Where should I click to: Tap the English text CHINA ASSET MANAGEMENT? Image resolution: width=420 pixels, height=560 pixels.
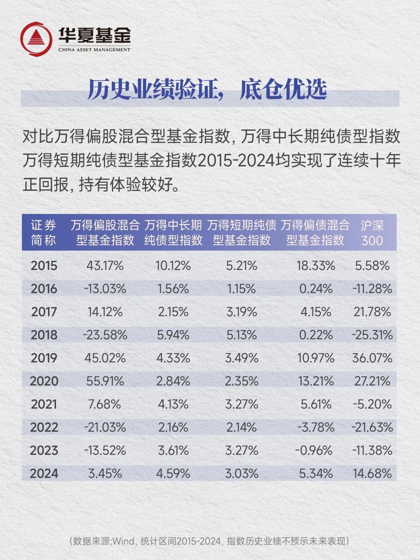point(94,50)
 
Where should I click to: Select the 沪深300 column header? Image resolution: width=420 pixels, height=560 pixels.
point(372,233)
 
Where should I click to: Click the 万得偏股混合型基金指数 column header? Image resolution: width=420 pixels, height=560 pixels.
point(105,233)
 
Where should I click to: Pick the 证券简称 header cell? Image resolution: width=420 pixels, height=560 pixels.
point(44,233)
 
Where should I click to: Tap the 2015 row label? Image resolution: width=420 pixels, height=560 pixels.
point(44,266)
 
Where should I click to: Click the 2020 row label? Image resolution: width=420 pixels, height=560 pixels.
point(44,381)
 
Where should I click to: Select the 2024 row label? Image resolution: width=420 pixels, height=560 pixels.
point(44,473)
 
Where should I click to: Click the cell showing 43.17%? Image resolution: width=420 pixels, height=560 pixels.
point(105,266)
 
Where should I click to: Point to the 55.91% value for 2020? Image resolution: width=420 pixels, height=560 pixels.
point(105,381)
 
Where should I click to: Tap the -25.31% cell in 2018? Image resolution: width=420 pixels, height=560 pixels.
point(372,335)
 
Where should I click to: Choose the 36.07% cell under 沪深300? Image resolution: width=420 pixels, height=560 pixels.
point(372,358)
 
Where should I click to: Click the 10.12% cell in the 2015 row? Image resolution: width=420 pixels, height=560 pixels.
point(173,266)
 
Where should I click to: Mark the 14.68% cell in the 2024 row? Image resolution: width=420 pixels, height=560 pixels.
point(372,473)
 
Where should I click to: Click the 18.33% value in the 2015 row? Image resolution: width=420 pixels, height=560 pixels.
point(317,266)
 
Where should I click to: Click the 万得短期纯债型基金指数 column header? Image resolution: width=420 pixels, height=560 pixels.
point(241,233)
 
